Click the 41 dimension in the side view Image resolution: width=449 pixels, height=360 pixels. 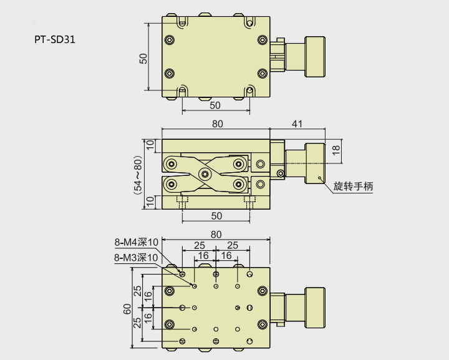297,124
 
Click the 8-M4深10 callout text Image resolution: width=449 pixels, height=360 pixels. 137,242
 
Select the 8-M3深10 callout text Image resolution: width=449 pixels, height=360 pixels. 137,257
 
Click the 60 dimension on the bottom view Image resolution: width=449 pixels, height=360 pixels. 127,309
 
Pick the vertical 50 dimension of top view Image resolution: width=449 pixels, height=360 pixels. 143,59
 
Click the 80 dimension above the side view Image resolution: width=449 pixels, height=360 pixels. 216,124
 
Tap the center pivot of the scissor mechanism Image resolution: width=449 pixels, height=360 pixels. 205,173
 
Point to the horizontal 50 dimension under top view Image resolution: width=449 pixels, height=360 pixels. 215,105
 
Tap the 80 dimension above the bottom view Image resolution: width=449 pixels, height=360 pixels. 216,235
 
